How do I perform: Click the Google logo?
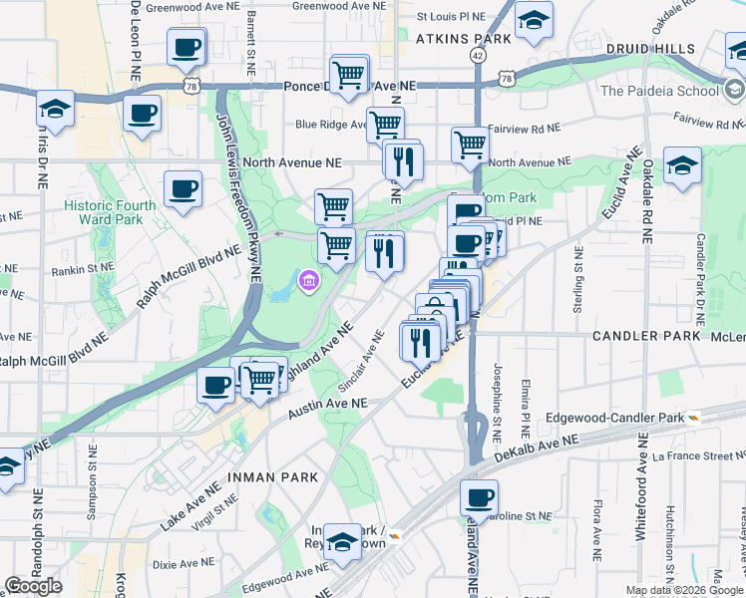[x=33, y=586]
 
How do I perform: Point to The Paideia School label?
[x=659, y=91]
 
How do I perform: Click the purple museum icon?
[x=309, y=282]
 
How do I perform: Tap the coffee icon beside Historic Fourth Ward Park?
[x=184, y=188]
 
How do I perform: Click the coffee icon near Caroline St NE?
[x=480, y=496]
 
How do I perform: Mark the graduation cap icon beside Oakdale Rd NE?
[x=682, y=164]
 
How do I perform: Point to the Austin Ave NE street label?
[x=328, y=408]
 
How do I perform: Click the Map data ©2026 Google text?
[x=684, y=589]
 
